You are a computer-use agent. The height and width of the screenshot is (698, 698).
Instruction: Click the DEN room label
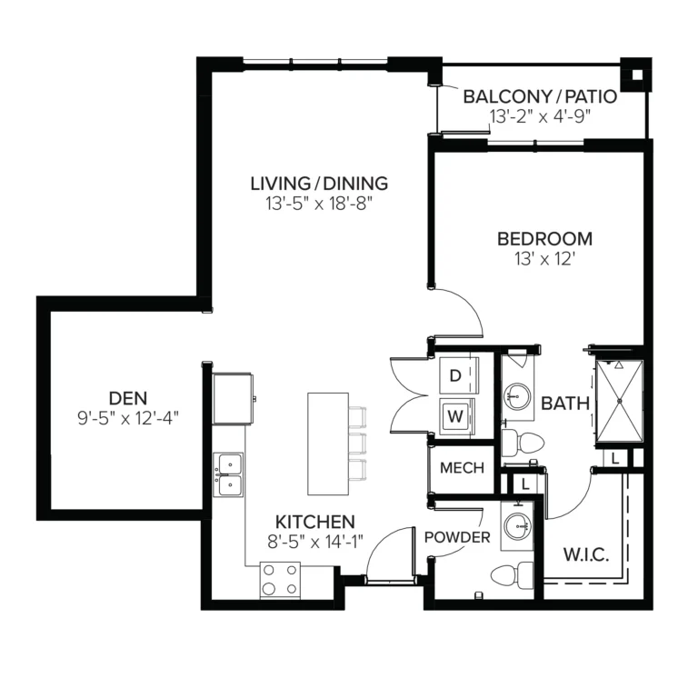coord(128,398)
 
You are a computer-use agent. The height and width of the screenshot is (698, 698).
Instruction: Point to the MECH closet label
coord(462,467)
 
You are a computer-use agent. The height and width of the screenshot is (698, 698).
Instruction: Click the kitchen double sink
coord(228,474)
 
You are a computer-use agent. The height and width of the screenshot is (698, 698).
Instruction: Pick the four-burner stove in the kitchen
coord(280,580)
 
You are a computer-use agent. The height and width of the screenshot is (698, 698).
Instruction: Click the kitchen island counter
coord(328,444)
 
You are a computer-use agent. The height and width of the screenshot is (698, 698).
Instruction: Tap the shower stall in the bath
coord(619,401)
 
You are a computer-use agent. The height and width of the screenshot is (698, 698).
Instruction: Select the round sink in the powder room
coord(517,525)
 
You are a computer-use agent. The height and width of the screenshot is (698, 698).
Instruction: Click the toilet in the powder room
coord(512,575)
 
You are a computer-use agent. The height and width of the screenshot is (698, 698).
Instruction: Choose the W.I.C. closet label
coord(586,554)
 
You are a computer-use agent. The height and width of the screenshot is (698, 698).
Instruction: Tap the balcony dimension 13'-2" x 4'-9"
coord(540,116)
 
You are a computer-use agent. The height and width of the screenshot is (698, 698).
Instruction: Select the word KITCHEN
coord(315,522)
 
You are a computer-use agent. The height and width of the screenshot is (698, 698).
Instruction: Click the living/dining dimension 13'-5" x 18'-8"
coord(319,204)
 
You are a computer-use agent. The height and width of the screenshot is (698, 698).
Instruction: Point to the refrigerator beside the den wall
coord(233,398)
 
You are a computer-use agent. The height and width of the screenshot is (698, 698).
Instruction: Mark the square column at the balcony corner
coord(636,75)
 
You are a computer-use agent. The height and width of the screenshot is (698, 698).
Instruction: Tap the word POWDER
coord(457,537)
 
